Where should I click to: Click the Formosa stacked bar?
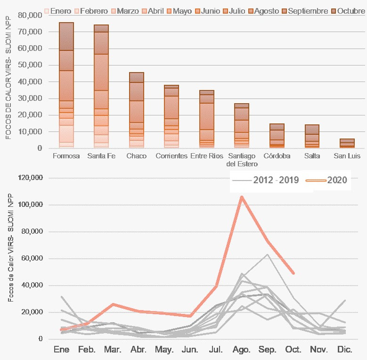(x=66, y=85)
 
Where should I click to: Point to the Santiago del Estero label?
(x=242, y=160)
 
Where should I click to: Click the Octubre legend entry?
(x=348, y=10)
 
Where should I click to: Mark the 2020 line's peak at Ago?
(x=242, y=196)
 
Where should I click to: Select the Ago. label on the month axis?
(x=242, y=350)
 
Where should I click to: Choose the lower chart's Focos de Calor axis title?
(x=10, y=259)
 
